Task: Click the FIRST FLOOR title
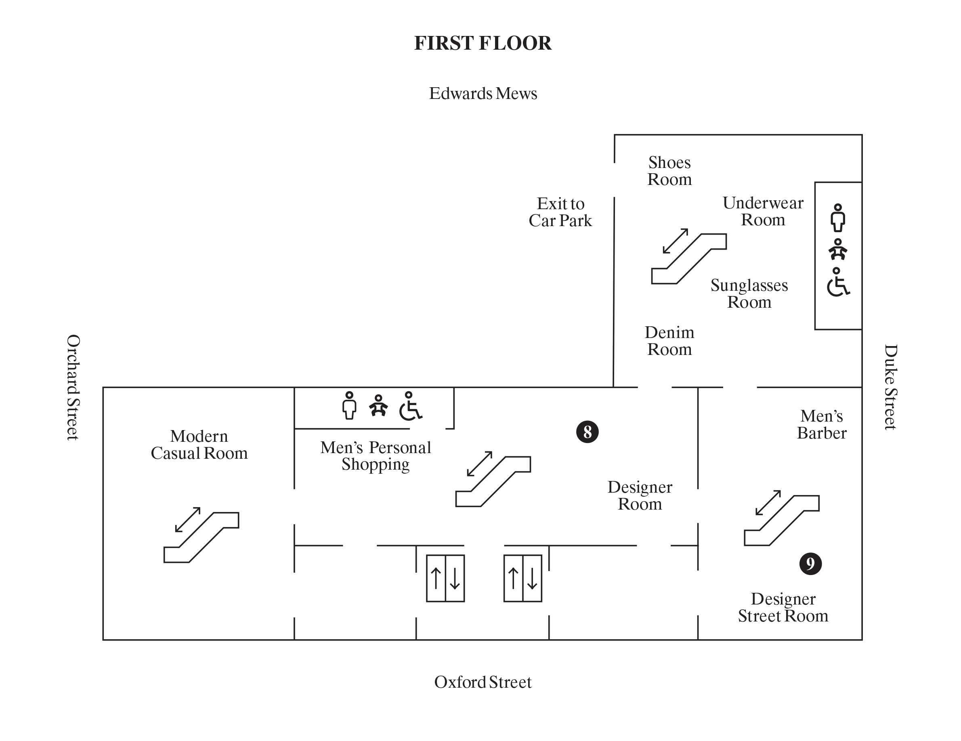483,43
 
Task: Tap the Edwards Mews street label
483,94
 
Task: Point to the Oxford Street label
483,682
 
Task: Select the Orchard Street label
73,387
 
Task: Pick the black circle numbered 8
587,432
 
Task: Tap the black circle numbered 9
810,564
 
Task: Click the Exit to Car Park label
560,212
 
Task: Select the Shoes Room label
669,171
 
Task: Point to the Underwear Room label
763,211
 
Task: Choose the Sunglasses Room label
749,294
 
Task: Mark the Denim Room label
669,341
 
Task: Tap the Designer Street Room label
783,607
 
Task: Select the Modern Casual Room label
199,445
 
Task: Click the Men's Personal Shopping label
376,456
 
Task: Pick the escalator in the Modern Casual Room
201,537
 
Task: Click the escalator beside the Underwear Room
688,258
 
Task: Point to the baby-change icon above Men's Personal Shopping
378,406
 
